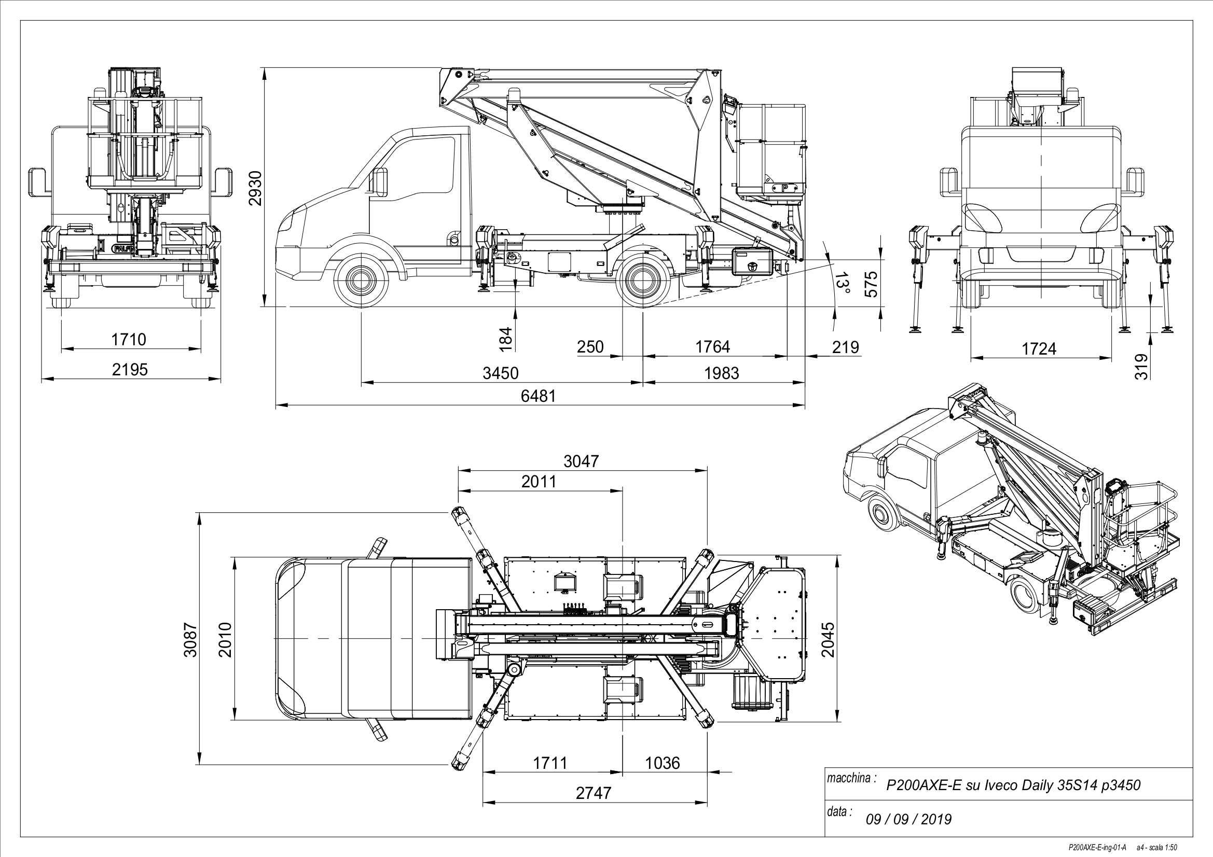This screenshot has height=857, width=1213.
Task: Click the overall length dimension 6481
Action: click(x=539, y=396)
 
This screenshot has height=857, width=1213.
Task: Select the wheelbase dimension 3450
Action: click(x=500, y=373)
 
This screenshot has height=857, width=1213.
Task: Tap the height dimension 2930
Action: click(x=255, y=189)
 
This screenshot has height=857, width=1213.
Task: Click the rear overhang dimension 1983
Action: click(x=721, y=373)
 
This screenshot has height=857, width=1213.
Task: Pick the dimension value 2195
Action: click(x=129, y=370)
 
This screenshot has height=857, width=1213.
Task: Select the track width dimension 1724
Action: click(x=1039, y=349)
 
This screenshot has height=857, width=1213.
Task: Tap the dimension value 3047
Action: click(x=581, y=461)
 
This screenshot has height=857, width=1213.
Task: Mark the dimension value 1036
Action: click(x=663, y=763)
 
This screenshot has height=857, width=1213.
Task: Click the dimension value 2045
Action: click(x=829, y=639)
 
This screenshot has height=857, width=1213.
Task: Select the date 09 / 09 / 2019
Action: click(x=908, y=819)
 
